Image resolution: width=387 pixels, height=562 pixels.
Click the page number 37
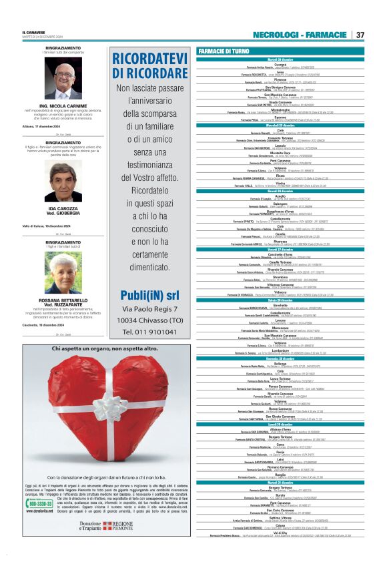point(360,35)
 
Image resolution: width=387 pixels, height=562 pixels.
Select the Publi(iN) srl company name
point(149,295)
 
